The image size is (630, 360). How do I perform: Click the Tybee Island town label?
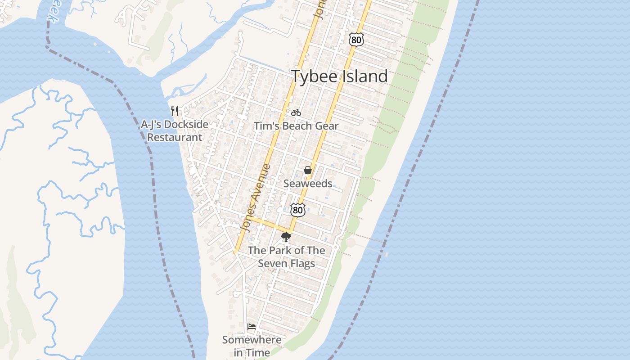[x=339, y=76]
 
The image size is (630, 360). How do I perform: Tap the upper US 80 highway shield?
[x=355, y=40]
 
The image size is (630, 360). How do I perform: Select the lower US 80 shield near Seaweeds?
[x=297, y=210]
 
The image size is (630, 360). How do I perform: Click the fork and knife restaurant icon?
[x=175, y=111]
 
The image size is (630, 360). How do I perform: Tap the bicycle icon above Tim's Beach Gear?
[x=296, y=112]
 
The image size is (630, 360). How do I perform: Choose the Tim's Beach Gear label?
[x=296, y=126]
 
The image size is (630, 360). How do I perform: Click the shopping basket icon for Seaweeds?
[x=308, y=170]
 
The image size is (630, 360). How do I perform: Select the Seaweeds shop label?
[x=308, y=184]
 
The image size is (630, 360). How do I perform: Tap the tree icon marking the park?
[x=286, y=237]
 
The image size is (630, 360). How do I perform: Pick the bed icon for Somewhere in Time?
[x=252, y=326]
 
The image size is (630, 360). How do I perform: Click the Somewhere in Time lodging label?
[x=252, y=346]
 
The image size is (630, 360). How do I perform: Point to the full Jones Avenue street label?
[x=256, y=198]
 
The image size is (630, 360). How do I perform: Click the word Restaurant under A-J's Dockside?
[x=175, y=137]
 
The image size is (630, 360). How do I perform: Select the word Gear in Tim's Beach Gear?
[x=327, y=126]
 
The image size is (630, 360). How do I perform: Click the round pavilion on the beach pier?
[x=351, y=243]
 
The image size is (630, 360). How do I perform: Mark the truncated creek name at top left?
[x=53, y=17]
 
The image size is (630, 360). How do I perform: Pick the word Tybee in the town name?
[x=314, y=76]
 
